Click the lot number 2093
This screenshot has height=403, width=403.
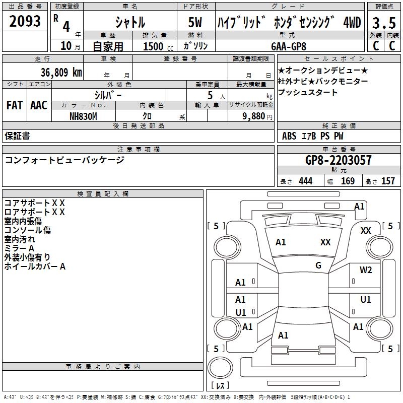coord(25,21)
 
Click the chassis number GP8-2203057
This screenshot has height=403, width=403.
coord(339,161)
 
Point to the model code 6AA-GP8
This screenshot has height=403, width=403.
coord(289,46)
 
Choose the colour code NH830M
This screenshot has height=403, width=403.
coord(83,115)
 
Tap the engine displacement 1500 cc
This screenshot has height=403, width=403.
coord(156,46)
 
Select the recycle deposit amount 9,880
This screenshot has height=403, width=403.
coord(257,116)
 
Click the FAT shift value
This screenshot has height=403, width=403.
coord(14,105)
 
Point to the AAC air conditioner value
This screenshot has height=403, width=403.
coord(39,105)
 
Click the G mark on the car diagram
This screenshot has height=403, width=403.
coord(318,265)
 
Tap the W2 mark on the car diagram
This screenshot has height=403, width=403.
coord(366,270)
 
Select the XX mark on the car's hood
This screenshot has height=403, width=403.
coord(325,242)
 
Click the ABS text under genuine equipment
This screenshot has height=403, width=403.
coord(289,136)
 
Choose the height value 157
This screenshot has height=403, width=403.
coord(388,181)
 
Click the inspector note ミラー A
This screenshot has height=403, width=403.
coord(19,248)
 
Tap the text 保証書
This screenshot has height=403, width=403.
coord(17,136)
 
